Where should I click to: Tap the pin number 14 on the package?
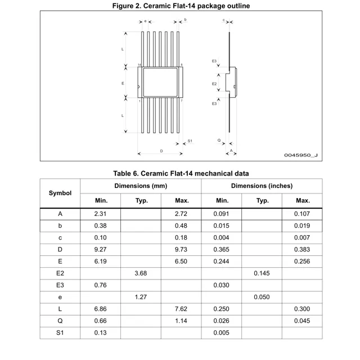pyautogui.click(x=139, y=65)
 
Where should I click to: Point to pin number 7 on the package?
pyautogui.click(x=182, y=101)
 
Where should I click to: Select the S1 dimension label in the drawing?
pyautogui.click(x=190, y=141)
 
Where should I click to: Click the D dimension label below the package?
pyautogui.click(x=161, y=151)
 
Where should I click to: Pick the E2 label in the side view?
pyautogui.click(x=214, y=83)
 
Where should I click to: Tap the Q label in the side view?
pyautogui.click(x=219, y=140)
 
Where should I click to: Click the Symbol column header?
pyautogui.click(x=60, y=193)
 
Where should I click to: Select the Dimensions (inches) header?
pyautogui.click(x=262, y=186)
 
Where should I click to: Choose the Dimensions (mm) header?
pyautogui.click(x=141, y=186)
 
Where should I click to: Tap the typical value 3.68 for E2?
pyautogui.click(x=141, y=273)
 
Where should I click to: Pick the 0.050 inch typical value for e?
pyautogui.click(x=262, y=297)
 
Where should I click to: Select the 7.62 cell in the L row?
pyautogui.click(x=182, y=309)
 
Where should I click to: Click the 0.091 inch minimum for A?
pyautogui.click(x=222, y=214)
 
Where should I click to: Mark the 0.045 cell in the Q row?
pyautogui.click(x=303, y=321)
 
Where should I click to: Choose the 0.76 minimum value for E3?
pyautogui.click(x=101, y=285)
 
